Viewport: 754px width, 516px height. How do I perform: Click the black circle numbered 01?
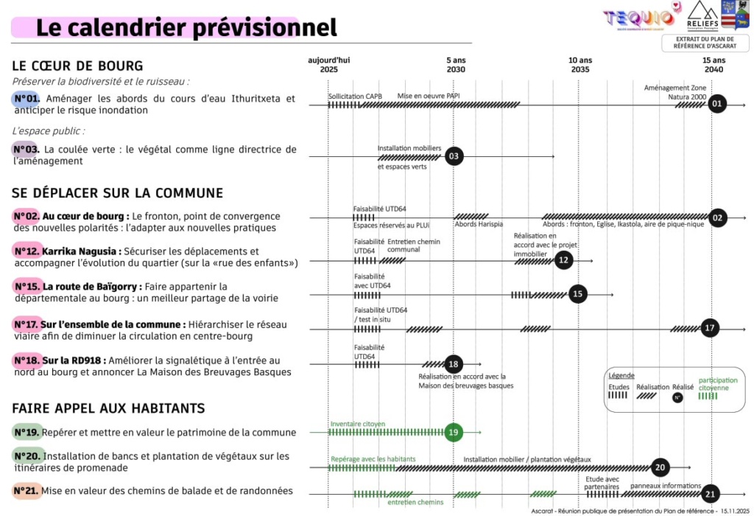(x=716, y=104)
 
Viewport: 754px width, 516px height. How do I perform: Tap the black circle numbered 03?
(x=454, y=156)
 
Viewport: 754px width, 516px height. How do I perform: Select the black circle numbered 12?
(x=563, y=259)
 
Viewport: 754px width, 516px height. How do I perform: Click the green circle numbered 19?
(x=454, y=432)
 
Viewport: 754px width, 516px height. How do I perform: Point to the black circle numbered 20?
(x=660, y=467)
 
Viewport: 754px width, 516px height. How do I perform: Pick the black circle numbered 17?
(x=710, y=328)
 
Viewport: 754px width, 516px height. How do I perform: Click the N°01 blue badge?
(x=27, y=98)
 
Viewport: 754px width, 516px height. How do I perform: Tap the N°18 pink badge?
(x=27, y=360)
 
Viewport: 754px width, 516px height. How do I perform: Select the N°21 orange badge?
(x=27, y=491)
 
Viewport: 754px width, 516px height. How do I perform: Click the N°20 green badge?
(x=27, y=456)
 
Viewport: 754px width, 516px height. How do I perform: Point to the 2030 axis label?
(x=456, y=69)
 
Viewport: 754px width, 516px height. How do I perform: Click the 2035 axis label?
(x=580, y=69)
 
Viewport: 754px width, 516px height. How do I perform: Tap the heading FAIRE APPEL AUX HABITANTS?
(x=108, y=408)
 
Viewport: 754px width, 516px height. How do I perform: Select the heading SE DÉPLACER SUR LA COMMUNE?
(x=117, y=193)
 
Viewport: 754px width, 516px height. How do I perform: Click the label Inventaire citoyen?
(x=357, y=424)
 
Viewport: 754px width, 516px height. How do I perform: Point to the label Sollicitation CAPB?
(x=355, y=96)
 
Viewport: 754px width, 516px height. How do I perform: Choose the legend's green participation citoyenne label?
(x=717, y=384)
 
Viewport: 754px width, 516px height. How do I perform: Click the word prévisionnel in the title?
(x=265, y=28)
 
